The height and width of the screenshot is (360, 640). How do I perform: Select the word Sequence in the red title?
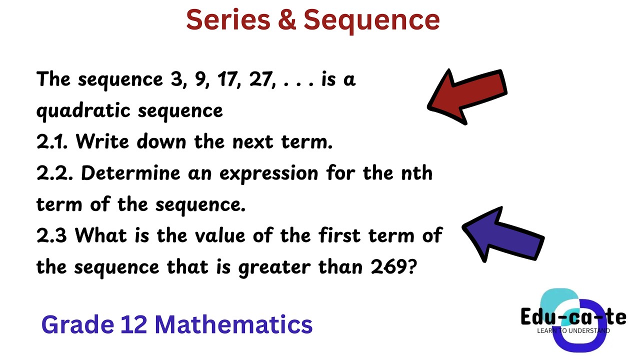[371, 20]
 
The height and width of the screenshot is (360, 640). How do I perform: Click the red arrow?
[467, 95]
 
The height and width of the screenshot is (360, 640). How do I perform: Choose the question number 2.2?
[54, 173]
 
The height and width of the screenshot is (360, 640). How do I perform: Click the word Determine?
[130, 173]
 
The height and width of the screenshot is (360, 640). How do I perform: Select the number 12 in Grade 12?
[133, 324]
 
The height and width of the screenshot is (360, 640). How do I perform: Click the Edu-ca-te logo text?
[573, 316]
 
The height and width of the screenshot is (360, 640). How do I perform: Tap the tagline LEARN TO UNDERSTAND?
[573, 330]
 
